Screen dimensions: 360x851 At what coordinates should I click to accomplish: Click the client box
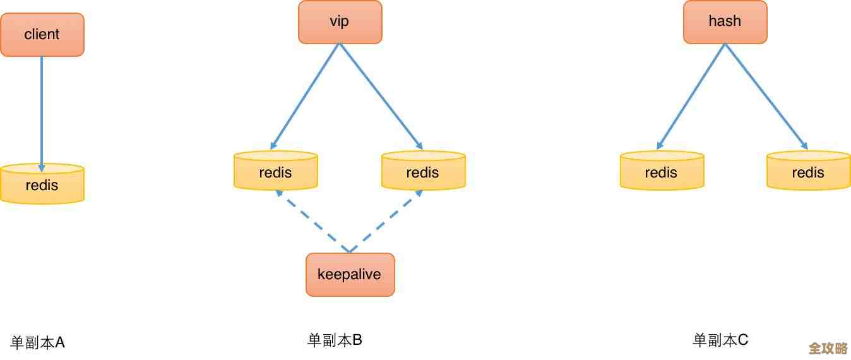[42, 35]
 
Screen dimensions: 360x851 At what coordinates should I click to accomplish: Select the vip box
[340, 22]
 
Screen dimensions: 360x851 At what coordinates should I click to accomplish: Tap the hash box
[725, 22]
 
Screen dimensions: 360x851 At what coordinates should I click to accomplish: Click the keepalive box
[350, 275]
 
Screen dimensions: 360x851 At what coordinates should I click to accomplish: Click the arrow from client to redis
[42, 111]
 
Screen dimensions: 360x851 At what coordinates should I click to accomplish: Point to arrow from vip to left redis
[306, 95]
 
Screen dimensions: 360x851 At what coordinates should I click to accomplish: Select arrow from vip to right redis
[380, 95]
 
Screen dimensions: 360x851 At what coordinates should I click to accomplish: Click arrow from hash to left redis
[692, 95]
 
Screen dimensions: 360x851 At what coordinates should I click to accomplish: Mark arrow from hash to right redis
[766, 95]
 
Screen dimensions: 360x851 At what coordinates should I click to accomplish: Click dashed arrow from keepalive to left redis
[312, 221]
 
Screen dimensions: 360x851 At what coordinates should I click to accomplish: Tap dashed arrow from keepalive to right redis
[386, 221]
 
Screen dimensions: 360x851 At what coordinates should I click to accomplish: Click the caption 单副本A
[38, 343]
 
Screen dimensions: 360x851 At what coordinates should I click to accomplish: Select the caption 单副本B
[335, 340]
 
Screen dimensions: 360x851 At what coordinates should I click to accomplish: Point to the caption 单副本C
[720, 340]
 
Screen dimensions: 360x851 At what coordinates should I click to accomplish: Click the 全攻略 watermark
[828, 349]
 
